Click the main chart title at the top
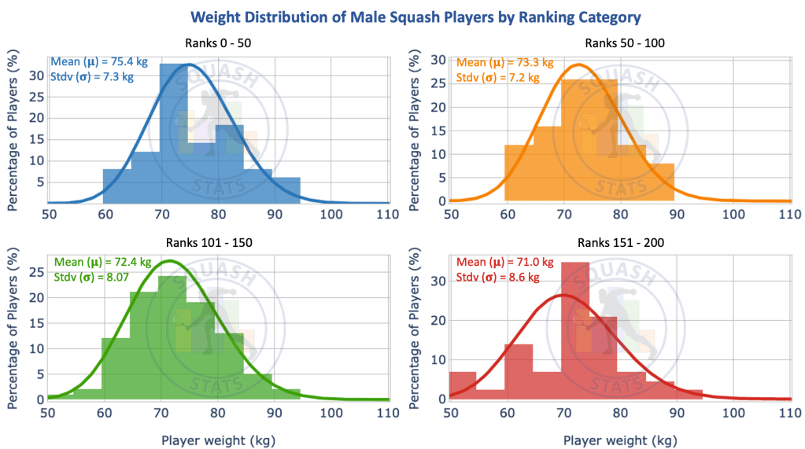402,17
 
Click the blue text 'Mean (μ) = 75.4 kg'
93,62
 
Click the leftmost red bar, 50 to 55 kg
463,385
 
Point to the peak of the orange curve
579,64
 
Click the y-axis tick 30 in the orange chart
441,60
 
